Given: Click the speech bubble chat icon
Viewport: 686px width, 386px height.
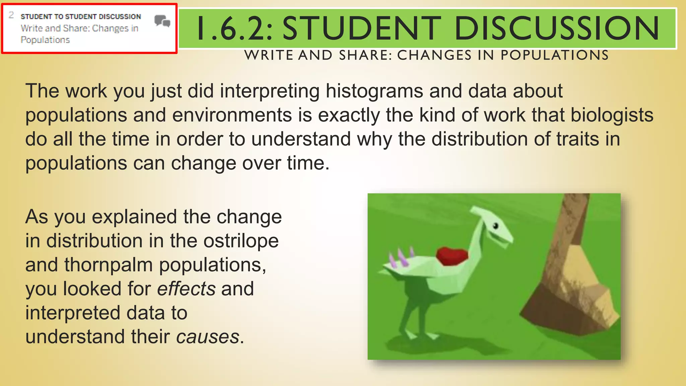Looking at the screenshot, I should tap(162, 21).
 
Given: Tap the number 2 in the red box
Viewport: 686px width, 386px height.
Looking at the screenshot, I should tap(11, 15).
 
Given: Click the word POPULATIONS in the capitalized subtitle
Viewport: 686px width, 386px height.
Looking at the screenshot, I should tap(554, 55).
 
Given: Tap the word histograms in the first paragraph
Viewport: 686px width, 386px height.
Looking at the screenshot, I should tap(374, 91).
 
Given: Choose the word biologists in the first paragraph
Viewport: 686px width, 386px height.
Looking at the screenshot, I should tap(612, 115).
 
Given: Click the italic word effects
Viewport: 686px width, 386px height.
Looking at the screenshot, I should tap(186, 289).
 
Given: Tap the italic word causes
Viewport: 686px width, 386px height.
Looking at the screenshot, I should tap(208, 337).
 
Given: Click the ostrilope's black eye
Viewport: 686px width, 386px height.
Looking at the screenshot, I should tap(496, 226).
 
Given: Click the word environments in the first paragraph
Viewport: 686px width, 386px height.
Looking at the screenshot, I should tap(232, 115).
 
